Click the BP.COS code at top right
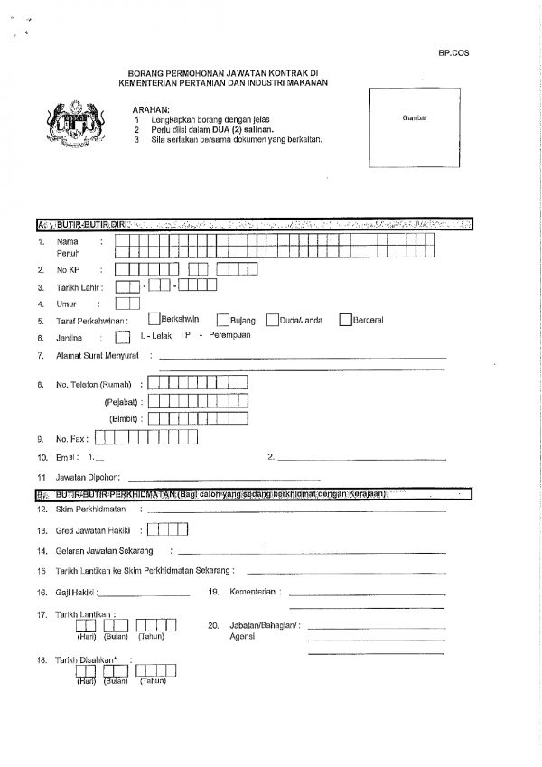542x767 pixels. point(451,54)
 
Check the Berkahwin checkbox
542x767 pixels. point(154,319)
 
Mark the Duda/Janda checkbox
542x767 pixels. point(272,320)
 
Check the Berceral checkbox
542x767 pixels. point(345,319)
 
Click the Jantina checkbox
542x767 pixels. point(122,337)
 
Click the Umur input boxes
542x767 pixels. point(127,304)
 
